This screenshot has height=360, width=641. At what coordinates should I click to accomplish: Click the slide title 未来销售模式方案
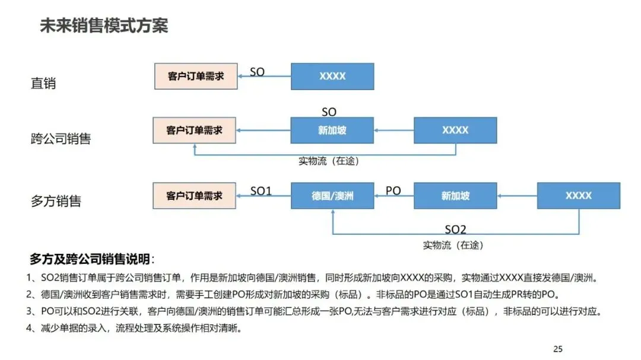pyautogui.click(x=104, y=26)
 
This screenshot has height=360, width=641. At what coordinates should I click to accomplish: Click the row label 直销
pyautogui.click(x=43, y=83)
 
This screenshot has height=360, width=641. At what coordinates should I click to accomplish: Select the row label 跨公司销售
pyautogui.click(x=61, y=139)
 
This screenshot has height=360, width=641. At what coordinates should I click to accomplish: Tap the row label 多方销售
pyautogui.click(x=56, y=201)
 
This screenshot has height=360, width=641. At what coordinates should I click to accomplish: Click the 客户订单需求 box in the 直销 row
pyautogui.click(x=195, y=77)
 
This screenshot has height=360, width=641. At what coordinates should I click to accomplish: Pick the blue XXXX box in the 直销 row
pyautogui.click(x=332, y=77)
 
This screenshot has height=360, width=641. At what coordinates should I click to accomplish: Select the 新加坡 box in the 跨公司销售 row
pyautogui.click(x=332, y=130)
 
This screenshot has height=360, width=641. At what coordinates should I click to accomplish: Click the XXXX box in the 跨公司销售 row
pyautogui.click(x=455, y=130)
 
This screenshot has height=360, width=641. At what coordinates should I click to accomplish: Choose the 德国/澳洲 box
pyautogui.click(x=332, y=196)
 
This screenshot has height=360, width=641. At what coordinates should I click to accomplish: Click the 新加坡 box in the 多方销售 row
pyautogui.click(x=455, y=196)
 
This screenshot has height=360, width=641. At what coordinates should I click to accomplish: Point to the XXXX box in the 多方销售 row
pyautogui.click(x=578, y=196)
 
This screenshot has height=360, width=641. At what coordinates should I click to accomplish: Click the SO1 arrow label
pyautogui.click(x=261, y=191)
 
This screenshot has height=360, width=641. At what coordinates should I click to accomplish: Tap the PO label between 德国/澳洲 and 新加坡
pyautogui.click(x=394, y=191)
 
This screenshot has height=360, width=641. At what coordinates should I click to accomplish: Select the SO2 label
pyautogui.click(x=456, y=230)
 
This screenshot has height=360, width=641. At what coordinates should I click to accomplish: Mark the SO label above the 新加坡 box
pyautogui.click(x=329, y=112)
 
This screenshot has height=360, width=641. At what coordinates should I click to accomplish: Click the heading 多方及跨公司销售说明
pyautogui.click(x=92, y=260)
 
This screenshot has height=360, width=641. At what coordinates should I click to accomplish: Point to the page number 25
pyautogui.click(x=557, y=349)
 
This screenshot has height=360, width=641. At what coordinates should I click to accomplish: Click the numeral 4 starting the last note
pyautogui.click(x=30, y=328)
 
